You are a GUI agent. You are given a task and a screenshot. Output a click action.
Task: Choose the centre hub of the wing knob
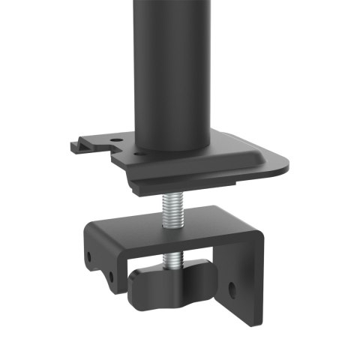click(173, 281)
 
